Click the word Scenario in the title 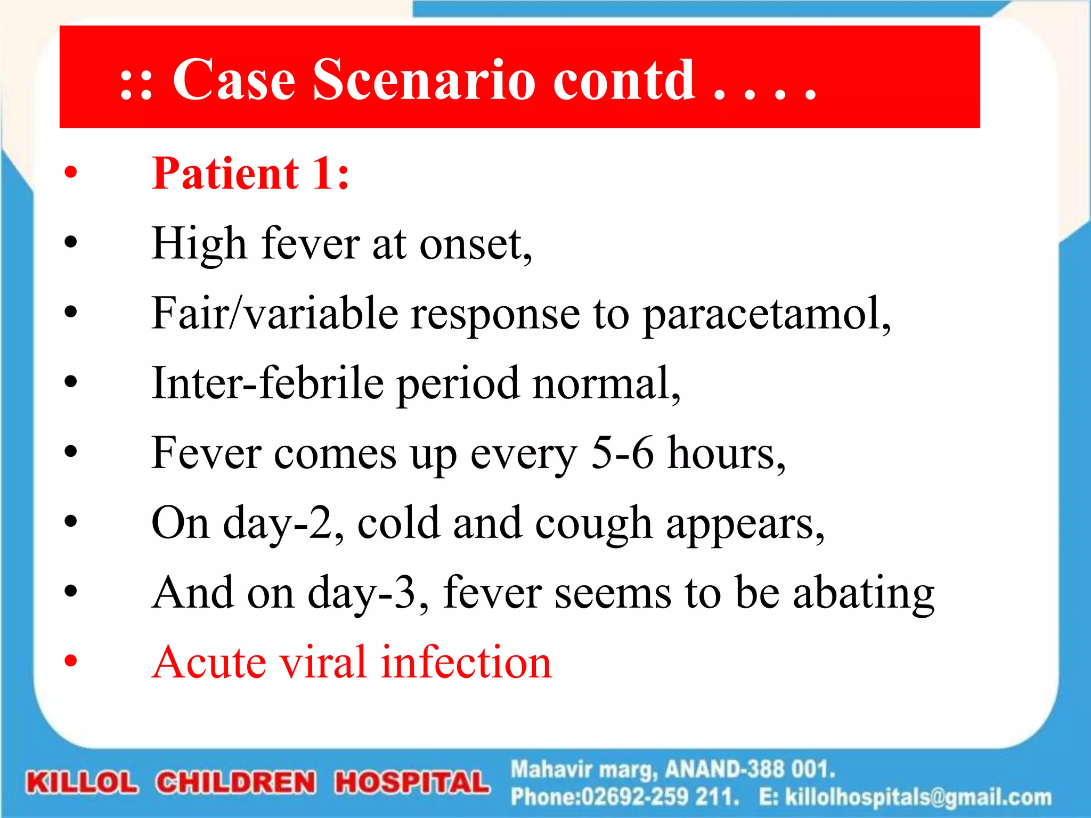point(424,80)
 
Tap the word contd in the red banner point(623,80)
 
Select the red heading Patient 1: point(250,174)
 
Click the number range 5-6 point(622,453)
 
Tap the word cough point(593,524)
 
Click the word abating point(864,593)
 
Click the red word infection point(466,662)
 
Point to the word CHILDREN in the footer point(236,783)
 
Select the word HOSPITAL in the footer point(412,783)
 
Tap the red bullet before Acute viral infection point(70,661)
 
